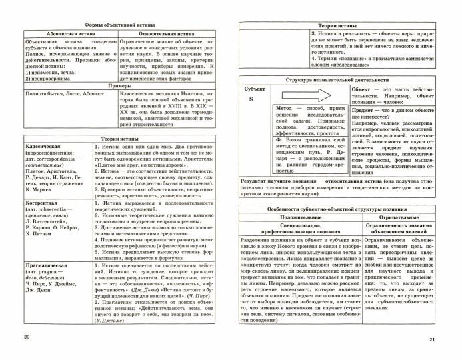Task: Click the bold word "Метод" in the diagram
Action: pos(285,107)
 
